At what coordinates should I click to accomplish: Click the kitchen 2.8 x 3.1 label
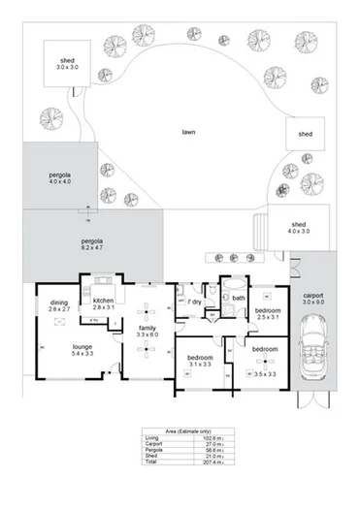pos(103,303)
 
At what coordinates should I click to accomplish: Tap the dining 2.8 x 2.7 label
pos(58,303)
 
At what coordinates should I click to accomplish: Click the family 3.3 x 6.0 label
pos(147,331)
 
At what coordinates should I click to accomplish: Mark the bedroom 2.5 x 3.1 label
pos(267,313)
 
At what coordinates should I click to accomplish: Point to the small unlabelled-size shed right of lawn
pos(304,134)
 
